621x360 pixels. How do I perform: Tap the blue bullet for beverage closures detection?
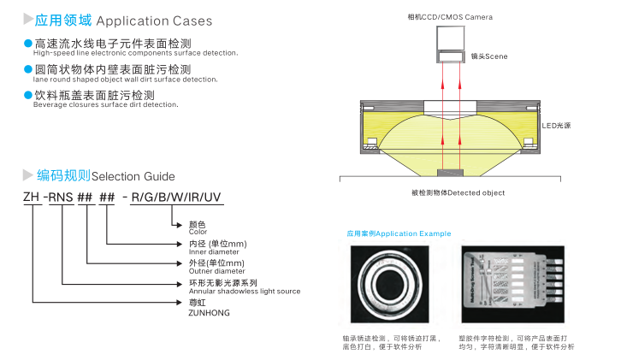[27, 95]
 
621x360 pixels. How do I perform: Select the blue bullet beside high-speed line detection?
[27, 43]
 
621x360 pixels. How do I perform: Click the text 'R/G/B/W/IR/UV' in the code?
[176, 198]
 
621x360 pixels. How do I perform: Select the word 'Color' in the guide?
[198, 232]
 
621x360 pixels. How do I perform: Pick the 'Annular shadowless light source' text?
[244, 292]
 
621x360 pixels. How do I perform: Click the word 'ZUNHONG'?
[209, 312]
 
